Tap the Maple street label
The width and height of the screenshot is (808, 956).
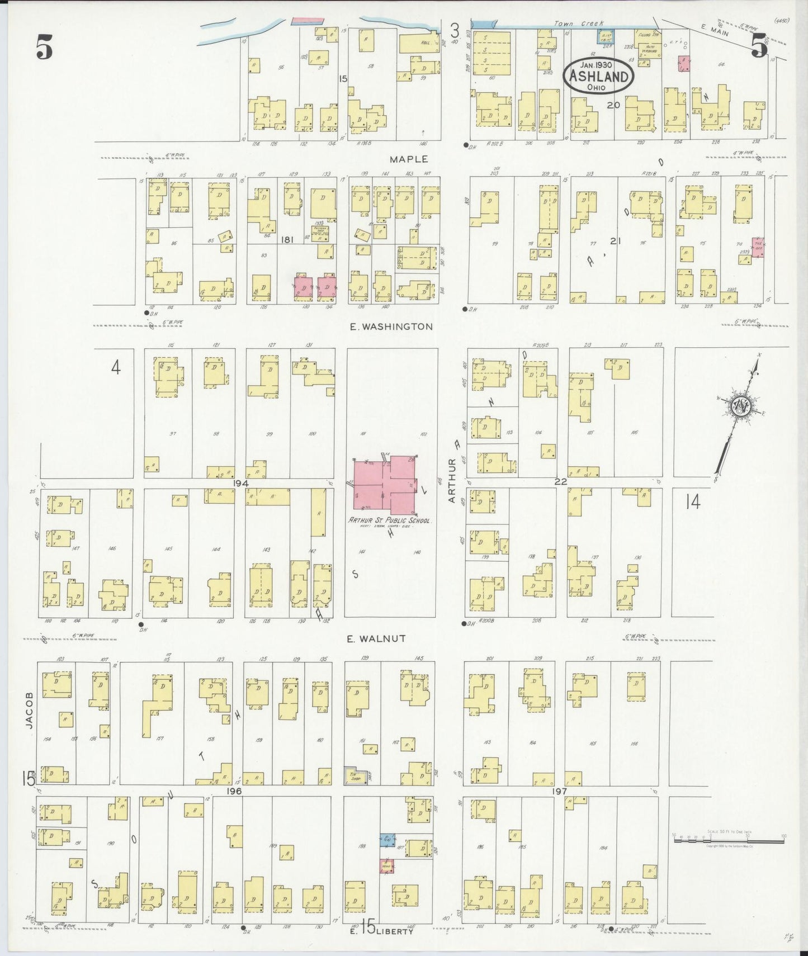coord(409,159)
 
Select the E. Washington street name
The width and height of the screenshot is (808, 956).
coord(391,326)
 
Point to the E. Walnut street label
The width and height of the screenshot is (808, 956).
coord(376,638)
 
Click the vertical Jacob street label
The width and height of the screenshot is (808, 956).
coord(29,711)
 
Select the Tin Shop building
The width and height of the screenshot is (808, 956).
coord(353,777)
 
